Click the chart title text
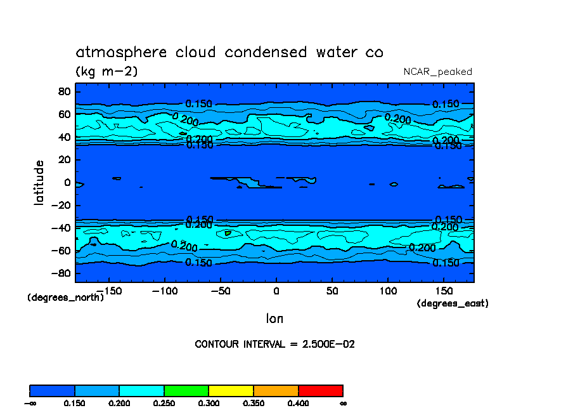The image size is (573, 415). click(x=229, y=52)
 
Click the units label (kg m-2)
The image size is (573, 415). click(x=106, y=72)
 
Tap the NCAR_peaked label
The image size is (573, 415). click(x=437, y=72)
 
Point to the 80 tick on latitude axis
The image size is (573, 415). click(x=63, y=91)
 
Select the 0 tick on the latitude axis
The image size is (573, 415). click(x=67, y=183)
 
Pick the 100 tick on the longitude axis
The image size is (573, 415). click(x=388, y=290)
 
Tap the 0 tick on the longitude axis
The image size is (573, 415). click(x=276, y=290)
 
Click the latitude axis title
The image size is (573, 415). click(x=39, y=182)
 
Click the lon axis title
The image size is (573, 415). click(x=274, y=318)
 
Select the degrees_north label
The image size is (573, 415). click(x=65, y=297)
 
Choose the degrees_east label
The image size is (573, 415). click(x=452, y=303)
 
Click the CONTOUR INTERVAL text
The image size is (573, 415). click(x=274, y=345)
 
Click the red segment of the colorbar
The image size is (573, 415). click(x=320, y=390)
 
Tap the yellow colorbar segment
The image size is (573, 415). click(x=231, y=390)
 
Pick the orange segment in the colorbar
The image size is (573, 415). click(x=276, y=390)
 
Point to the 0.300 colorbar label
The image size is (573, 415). click(x=209, y=404)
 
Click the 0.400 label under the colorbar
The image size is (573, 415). click(x=298, y=404)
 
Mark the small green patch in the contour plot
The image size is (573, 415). click(x=228, y=233)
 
